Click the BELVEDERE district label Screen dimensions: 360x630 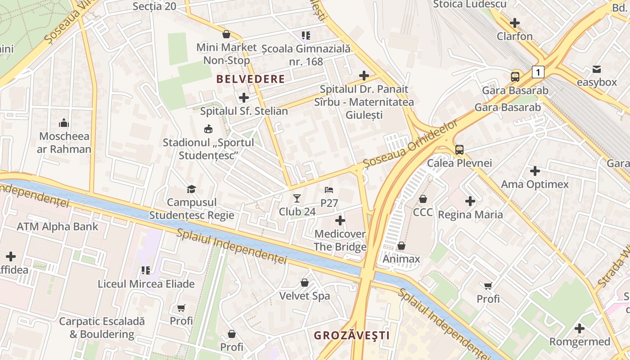[251, 79]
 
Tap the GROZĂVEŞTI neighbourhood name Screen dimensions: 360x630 [351, 335]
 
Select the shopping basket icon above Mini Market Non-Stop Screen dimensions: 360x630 [226, 35]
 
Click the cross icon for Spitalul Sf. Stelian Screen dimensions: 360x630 [243, 98]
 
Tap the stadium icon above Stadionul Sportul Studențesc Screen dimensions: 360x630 [208, 130]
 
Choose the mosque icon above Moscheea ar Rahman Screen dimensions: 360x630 [64, 123]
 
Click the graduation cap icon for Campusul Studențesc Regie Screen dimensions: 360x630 [192, 189]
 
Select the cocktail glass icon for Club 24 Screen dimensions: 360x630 [297, 198]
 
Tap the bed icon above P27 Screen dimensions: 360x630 [329, 190]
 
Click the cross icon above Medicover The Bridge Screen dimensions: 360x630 [340, 220]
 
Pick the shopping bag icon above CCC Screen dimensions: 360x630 [423, 199]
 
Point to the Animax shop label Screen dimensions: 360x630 [401, 259]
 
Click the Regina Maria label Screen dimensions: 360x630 [470, 215]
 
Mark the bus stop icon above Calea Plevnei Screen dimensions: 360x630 [459, 150]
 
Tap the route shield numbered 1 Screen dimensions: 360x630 [538, 72]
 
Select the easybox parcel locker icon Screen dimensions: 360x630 [596, 69]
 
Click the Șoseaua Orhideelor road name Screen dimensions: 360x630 [411, 144]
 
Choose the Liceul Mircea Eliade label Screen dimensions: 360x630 [146, 284]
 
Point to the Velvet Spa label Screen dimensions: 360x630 [305, 296]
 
